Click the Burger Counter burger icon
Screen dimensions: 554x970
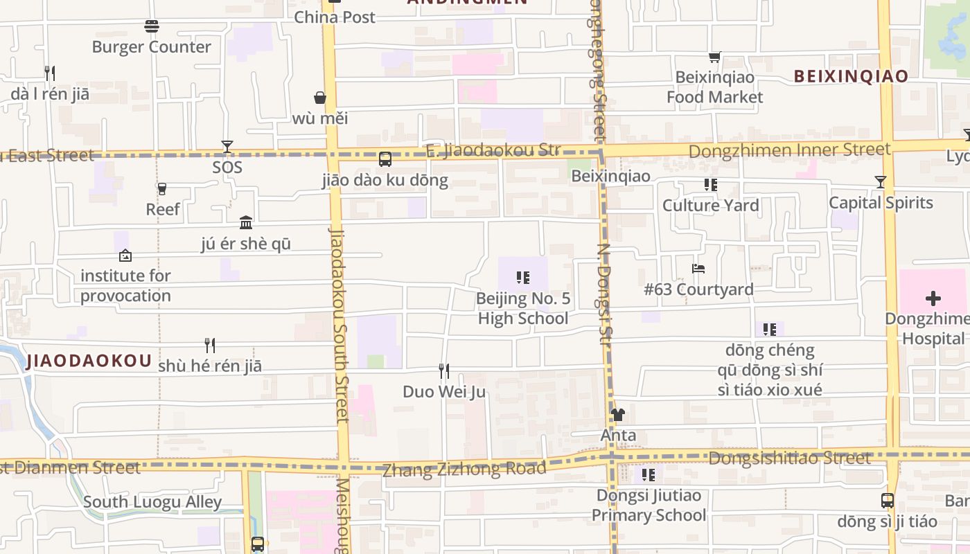pyautogui.click(x=152, y=26)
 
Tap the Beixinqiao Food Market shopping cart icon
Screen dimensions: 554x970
pyautogui.click(x=714, y=57)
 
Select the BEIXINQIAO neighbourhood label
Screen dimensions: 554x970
pyautogui.click(x=850, y=76)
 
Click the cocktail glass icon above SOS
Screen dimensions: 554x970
pyautogui.click(x=227, y=147)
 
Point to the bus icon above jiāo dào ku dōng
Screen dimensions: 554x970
pyautogui.click(x=385, y=159)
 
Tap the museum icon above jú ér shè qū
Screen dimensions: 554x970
pyautogui.click(x=246, y=222)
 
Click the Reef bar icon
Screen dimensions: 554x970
pyautogui.click(x=162, y=188)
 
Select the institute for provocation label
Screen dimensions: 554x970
pyautogui.click(x=125, y=285)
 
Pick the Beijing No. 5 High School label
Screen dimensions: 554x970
pyautogui.click(x=523, y=309)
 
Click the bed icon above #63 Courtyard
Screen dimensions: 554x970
pyautogui.click(x=698, y=268)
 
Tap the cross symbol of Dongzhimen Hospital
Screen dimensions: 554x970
pyautogui.click(x=933, y=298)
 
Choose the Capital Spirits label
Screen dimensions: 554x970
pyautogui.click(x=881, y=203)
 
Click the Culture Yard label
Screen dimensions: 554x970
pyautogui.click(x=710, y=206)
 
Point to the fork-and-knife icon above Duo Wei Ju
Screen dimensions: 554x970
pyautogui.click(x=444, y=371)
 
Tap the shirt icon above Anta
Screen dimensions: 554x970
pyautogui.click(x=618, y=415)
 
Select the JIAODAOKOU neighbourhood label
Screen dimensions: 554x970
pyautogui.click(x=89, y=361)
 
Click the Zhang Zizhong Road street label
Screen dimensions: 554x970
pyautogui.click(x=464, y=470)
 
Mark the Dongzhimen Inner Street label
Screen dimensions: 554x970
pyautogui.click(x=790, y=150)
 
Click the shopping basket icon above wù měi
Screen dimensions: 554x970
pyautogui.click(x=320, y=98)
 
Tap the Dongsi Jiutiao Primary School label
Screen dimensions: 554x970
pyautogui.click(x=649, y=506)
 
